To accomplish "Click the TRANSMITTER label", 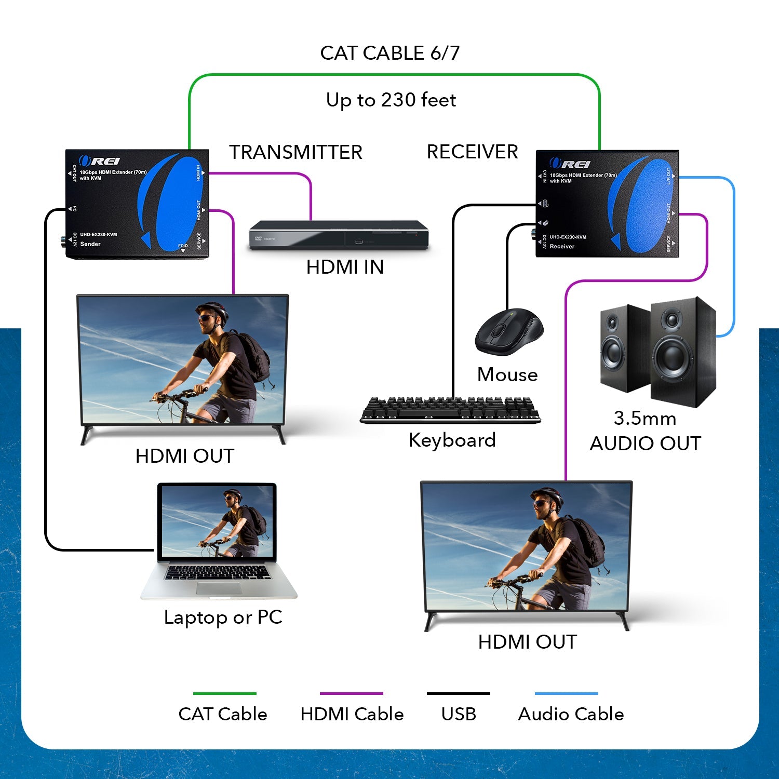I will coord(296,152).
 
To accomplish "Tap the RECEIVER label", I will coord(472,152).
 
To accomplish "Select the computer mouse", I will coord(508,332).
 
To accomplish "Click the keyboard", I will coord(450,410).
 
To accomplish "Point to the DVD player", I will coord(339,235).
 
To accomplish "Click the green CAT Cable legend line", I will coord(224,693).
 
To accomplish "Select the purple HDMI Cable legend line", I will coord(351,693).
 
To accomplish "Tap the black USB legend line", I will coord(458,693).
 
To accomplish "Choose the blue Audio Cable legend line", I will coord(566,693).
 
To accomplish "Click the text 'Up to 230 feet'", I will coord(391,100).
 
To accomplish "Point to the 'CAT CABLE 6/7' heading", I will coord(389,53).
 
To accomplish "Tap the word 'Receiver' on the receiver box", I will coord(562,247).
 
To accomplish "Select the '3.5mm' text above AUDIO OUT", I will coord(644,418).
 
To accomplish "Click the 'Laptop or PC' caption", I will coord(223,617).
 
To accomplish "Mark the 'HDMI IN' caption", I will coord(345,267).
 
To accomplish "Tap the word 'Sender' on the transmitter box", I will coord(90,244).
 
